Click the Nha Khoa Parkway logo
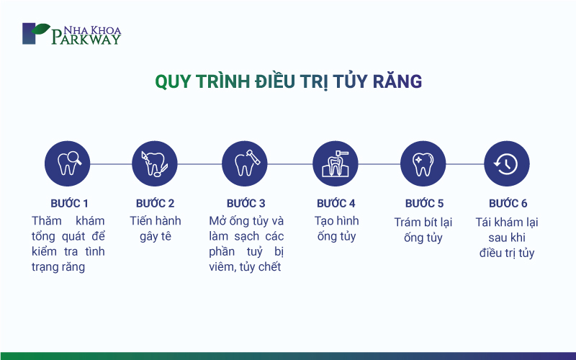(x=71, y=34)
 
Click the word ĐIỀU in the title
(x=276, y=81)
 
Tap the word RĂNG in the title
(x=397, y=81)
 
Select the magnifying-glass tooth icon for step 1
(x=67, y=163)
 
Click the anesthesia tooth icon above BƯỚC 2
(x=155, y=163)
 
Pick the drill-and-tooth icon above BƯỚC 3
(x=245, y=163)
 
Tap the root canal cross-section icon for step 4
(x=336, y=163)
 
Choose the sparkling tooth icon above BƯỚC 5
(x=423, y=163)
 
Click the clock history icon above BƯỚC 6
(x=507, y=163)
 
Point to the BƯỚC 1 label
(x=69, y=203)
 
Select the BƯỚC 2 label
(x=155, y=203)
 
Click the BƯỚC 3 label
(x=246, y=203)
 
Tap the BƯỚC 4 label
(x=336, y=203)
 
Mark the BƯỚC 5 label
(x=424, y=203)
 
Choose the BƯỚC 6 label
(x=508, y=203)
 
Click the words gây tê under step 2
(x=156, y=236)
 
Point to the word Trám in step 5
(x=407, y=222)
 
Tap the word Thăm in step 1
(x=46, y=221)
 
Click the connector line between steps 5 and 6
(x=465, y=164)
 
